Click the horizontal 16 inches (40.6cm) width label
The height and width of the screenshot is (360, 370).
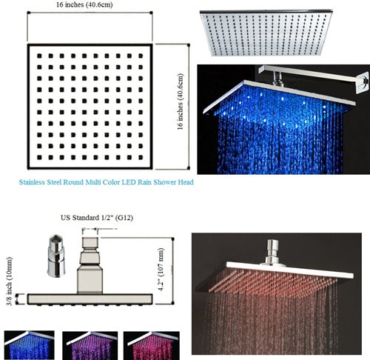pos(84,4)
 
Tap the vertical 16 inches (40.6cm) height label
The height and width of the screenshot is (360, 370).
pos(181,101)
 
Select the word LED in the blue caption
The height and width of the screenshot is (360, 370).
pos(129,182)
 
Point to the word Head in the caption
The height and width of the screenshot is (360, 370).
pos(186,182)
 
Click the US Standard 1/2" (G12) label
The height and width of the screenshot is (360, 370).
pos(97,218)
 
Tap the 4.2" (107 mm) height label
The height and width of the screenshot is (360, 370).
pos(161,270)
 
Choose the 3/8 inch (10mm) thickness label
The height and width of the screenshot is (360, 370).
pos(10,281)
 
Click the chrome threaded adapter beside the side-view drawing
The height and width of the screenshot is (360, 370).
pos(56,256)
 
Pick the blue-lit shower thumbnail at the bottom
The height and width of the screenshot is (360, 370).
pos(30,345)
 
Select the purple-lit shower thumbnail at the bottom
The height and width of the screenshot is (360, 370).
pos(90,345)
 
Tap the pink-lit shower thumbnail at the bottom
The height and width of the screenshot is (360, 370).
pos(152,345)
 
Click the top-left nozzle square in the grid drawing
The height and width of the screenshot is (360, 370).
pos(39,56)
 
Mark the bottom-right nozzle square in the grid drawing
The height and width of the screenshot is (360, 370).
pos(141,157)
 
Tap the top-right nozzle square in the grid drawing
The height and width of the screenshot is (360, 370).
pos(141,56)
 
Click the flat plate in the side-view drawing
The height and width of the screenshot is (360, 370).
pos(90,299)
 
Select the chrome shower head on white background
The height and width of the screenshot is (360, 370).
pos(266,33)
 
